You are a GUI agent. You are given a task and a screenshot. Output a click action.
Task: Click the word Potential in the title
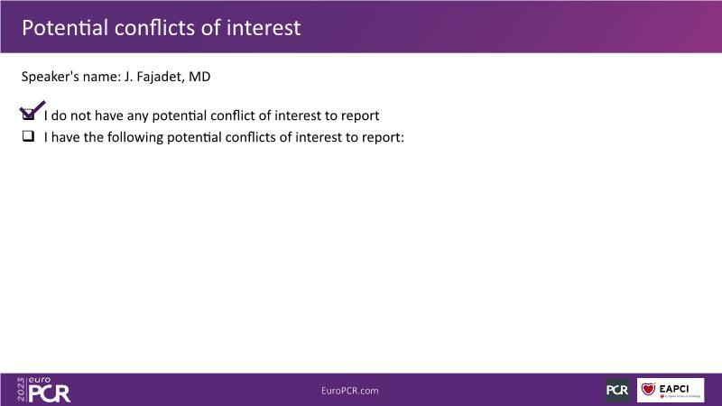coord(65,28)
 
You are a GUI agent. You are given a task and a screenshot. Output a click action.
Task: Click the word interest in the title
coord(264,28)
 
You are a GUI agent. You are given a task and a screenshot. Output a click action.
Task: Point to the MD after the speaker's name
coord(199,77)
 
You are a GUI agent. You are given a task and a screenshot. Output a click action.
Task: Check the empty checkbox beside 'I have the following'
coord(29,136)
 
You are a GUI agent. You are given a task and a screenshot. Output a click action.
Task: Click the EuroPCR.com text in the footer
coord(350,391)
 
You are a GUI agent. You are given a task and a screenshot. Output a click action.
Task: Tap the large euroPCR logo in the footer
coord(43,390)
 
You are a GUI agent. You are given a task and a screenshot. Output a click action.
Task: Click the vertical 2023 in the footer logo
coord(21,390)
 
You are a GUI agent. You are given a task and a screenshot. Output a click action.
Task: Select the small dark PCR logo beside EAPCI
coord(617,390)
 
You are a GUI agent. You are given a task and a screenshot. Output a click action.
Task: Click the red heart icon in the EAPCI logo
coord(648,389)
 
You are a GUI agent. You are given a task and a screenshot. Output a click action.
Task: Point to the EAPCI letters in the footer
coord(674,389)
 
